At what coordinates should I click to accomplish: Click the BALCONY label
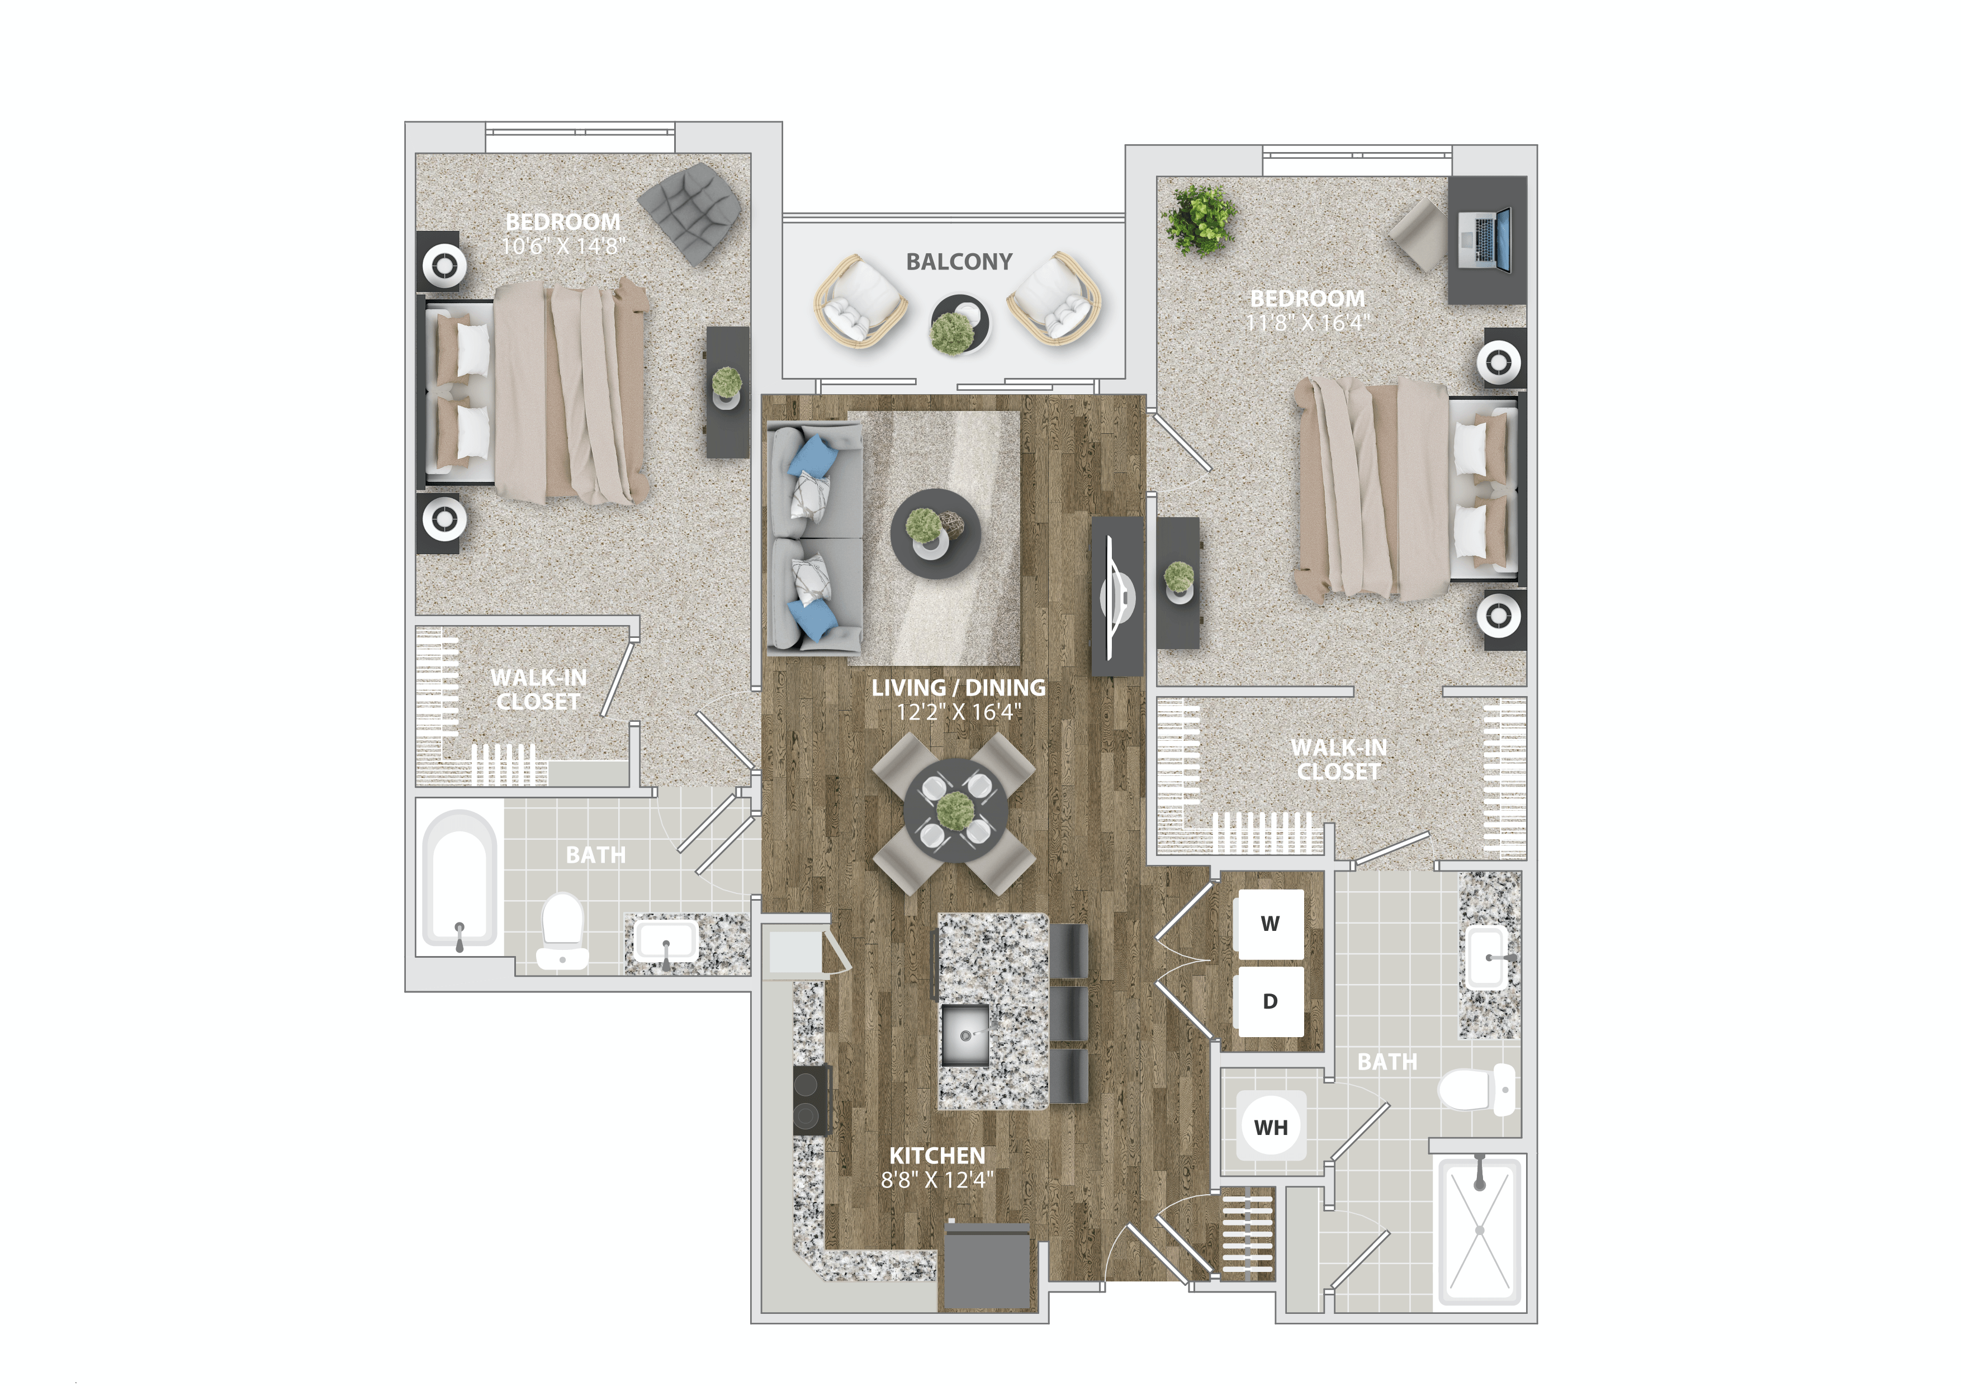[958, 262]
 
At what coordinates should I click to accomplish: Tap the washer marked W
[1269, 924]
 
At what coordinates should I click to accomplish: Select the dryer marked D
[1269, 1001]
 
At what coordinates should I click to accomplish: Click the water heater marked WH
[1271, 1127]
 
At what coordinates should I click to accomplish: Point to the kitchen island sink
[965, 1034]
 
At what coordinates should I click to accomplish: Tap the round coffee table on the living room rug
[934, 534]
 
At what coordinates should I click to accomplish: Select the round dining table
[955, 811]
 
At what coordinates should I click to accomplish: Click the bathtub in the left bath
[460, 879]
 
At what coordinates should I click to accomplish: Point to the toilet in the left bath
[562, 931]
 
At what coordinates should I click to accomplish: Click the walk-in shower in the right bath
[1479, 1229]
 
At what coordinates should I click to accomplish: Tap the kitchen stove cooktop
[811, 1100]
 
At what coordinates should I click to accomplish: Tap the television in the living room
[1117, 595]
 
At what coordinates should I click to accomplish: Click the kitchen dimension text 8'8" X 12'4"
[937, 1180]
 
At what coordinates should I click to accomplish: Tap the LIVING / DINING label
[958, 688]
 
